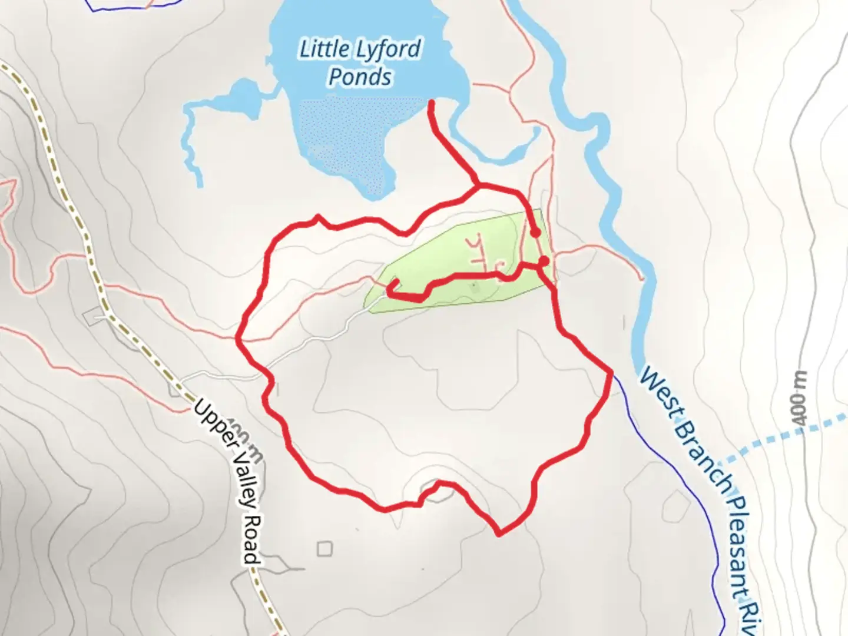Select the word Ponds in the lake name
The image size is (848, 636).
pyautogui.click(x=360, y=77)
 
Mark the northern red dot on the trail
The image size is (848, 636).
pyautogui.click(x=535, y=233)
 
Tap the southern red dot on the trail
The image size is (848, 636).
pyautogui.click(x=544, y=260)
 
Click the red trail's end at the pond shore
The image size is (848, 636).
pyautogui.click(x=431, y=103)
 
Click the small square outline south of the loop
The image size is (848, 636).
pyautogui.click(x=324, y=549)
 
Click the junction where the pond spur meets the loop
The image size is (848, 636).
pyautogui.click(x=478, y=186)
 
